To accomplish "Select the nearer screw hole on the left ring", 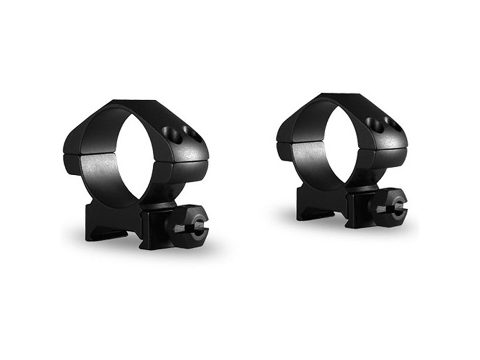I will [172, 135].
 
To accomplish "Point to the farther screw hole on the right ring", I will [393, 123].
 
